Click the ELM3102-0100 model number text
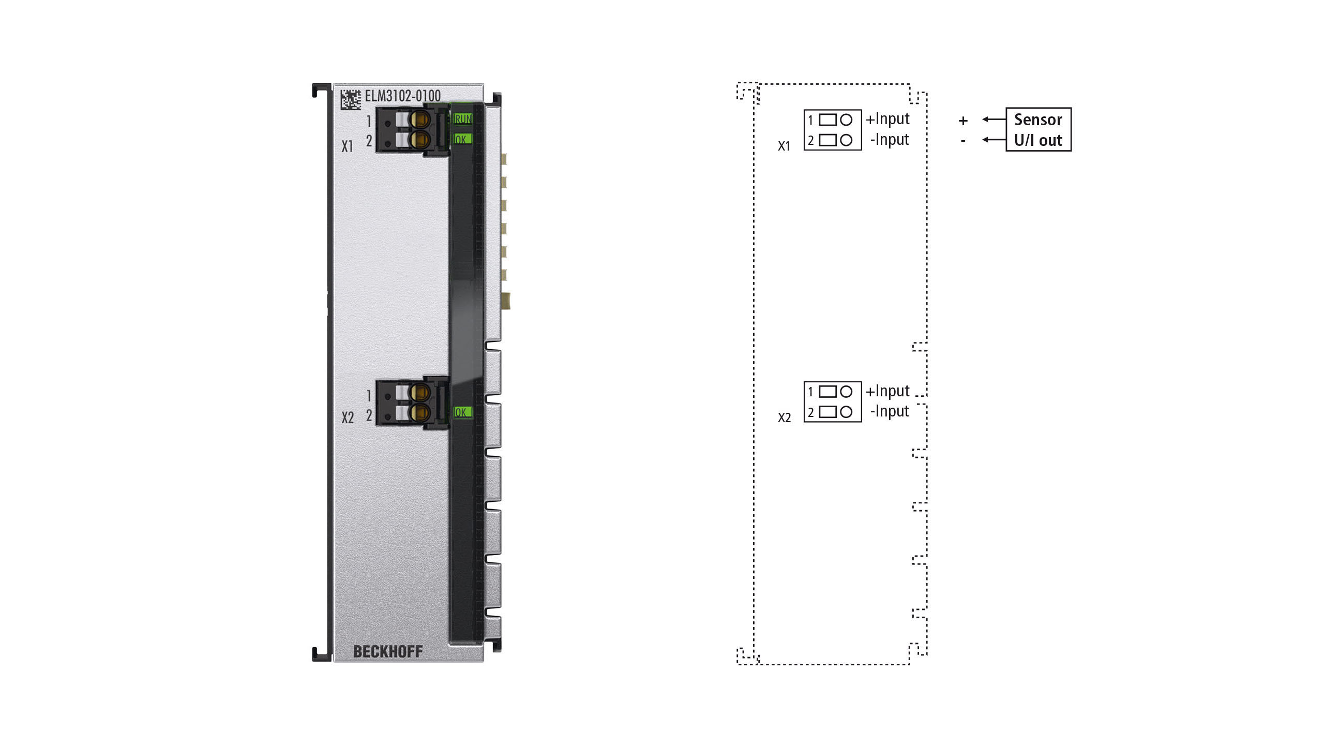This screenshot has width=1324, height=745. pyautogui.click(x=402, y=96)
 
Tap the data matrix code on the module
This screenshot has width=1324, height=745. pyautogui.click(x=350, y=99)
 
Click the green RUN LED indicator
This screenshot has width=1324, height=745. pyautogui.click(x=462, y=119)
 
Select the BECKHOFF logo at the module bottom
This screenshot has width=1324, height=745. pyautogui.click(x=388, y=651)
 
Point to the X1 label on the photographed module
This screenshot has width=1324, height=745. pyautogui.click(x=347, y=146)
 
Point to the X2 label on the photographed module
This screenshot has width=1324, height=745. pyautogui.click(x=348, y=418)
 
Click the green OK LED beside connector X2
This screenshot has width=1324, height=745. pyautogui.click(x=462, y=412)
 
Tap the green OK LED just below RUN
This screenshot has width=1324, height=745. pyautogui.click(x=462, y=139)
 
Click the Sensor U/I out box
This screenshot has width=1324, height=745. pyautogui.click(x=1039, y=129)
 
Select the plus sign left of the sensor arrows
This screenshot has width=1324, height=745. pyautogui.click(x=963, y=121)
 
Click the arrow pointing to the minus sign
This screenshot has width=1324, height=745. pyautogui.click(x=994, y=140)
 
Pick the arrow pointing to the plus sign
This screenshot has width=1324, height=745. pyautogui.click(x=994, y=119)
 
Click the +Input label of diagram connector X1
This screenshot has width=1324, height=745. pyautogui.click(x=887, y=119)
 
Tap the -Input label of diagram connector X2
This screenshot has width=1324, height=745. pyautogui.click(x=890, y=411)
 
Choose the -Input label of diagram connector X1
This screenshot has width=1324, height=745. pyautogui.click(x=890, y=140)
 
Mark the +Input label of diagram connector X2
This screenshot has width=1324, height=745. pyautogui.click(x=887, y=391)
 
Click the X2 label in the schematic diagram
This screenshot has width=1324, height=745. pyautogui.click(x=785, y=418)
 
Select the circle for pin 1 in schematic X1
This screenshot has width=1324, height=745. pyautogui.click(x=846, y=120)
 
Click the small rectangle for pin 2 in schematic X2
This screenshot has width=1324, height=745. pyautogui.click(x=828, y=412)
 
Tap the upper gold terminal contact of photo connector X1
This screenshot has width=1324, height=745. pyautogui.click(x=419, y=120)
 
